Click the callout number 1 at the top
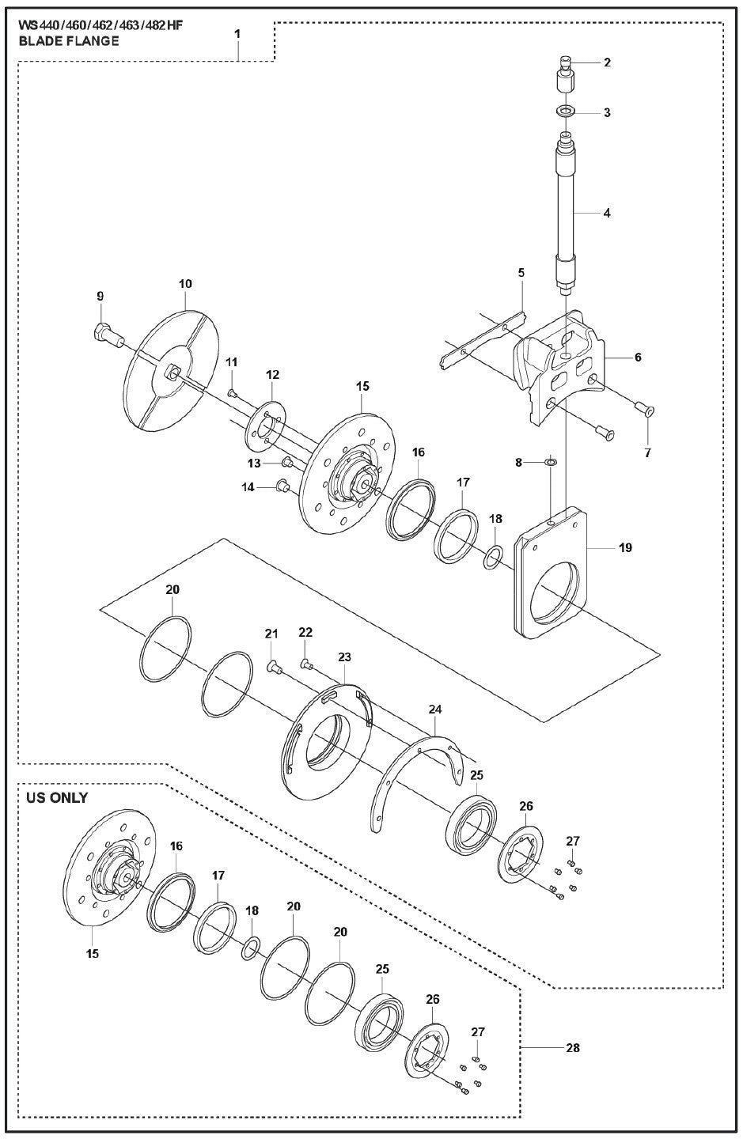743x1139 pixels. [x=237, y=34]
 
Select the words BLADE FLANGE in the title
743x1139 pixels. [x=69, y=41]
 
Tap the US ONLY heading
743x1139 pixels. [x=56, y=797]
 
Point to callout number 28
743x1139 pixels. [x=573, y=1048]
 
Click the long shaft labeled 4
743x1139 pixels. [x=567, y=214]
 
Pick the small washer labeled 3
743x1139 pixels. [x=567, y=112]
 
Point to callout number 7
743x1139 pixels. [x=648, y=453]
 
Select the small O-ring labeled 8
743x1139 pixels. [x=552, y=461]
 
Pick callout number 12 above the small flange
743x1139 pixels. [x=272, y=374]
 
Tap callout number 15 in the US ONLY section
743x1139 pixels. [x=93, y=954]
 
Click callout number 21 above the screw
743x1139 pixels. [x=271, y=634]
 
